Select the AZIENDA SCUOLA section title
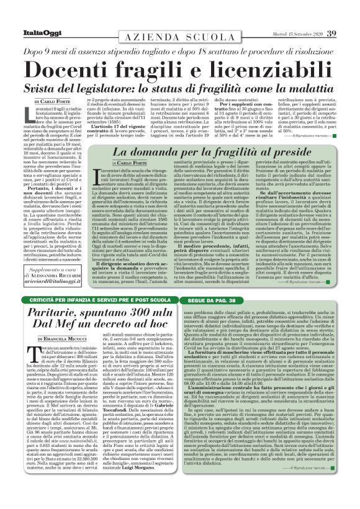[180, 38]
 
